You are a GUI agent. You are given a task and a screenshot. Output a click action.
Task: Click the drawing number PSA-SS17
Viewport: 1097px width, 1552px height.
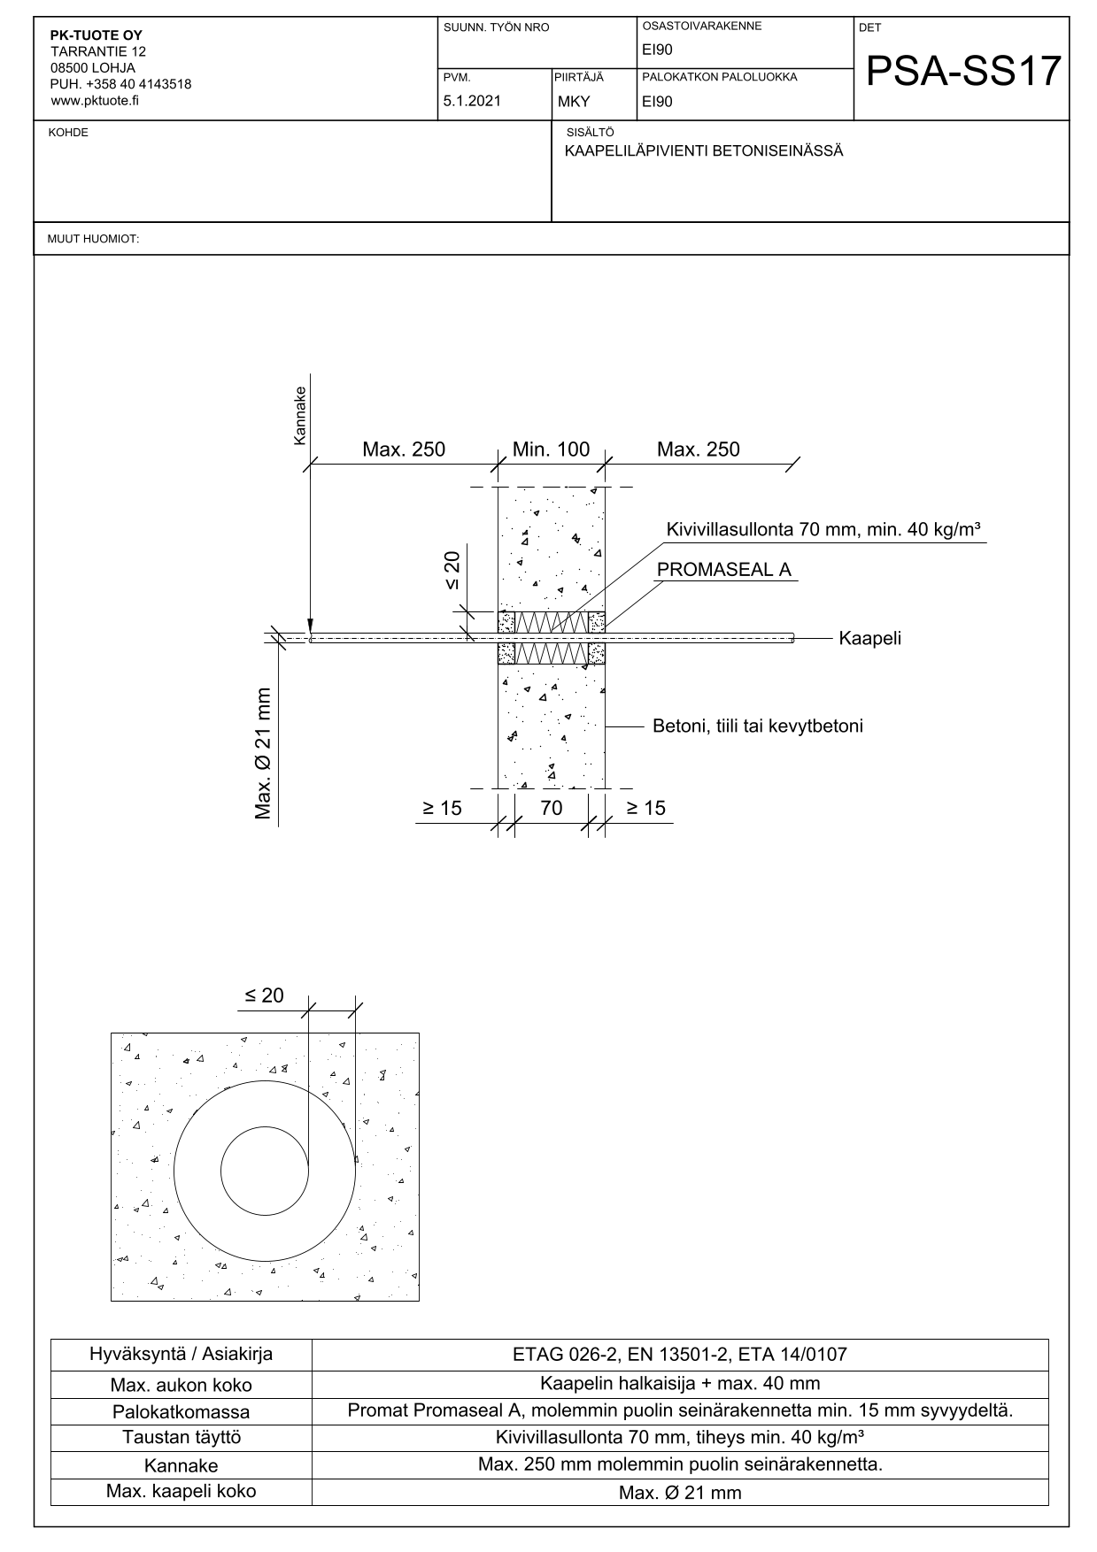coord(962,71)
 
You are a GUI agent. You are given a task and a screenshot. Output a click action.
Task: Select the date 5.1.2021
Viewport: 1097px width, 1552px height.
coord(472,101)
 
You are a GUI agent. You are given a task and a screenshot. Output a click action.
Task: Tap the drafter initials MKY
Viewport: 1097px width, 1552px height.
coord(574,102)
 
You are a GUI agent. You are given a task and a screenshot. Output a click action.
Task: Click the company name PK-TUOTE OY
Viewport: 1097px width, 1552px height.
coord(96,35)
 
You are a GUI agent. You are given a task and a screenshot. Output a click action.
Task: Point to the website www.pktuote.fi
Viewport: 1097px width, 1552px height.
coord(95,100)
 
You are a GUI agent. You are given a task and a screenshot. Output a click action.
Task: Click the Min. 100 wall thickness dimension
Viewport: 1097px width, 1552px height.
coord(551,449)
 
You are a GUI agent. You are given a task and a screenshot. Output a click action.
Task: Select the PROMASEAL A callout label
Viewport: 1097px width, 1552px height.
coord(724,570)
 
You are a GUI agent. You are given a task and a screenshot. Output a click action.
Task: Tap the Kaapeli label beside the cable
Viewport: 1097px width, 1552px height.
coord(870,638)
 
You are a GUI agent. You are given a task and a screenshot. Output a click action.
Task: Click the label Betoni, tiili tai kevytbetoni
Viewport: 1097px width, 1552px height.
coord(758,726)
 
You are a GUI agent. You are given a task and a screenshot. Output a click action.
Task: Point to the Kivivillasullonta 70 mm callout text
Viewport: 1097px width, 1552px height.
coord(823,530)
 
